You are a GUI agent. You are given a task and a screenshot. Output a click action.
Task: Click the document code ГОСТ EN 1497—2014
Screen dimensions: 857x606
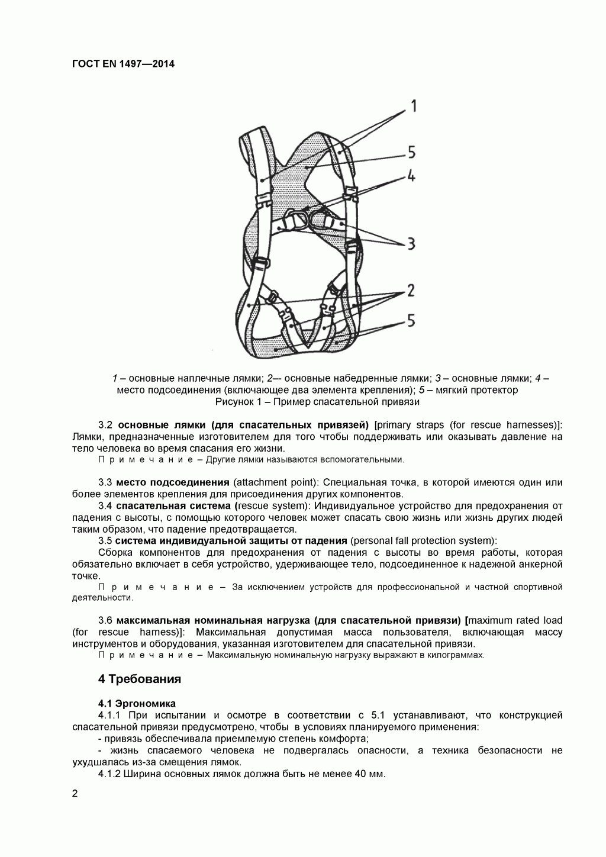123,64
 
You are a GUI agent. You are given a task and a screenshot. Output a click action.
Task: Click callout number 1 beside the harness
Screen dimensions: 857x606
413,106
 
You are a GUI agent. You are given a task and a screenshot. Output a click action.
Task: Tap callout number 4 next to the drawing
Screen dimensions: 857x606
410,176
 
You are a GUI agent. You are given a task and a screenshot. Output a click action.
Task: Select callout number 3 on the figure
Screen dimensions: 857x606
410,243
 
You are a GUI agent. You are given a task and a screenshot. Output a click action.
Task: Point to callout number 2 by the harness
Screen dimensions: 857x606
410,291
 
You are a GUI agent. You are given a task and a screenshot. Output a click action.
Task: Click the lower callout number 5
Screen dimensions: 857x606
410,321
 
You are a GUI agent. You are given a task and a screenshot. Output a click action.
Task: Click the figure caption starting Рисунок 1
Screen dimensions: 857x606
317,402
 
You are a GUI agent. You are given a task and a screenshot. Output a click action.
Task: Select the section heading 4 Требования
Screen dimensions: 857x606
139,679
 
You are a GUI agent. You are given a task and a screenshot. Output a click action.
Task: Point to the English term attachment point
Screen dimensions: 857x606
272,482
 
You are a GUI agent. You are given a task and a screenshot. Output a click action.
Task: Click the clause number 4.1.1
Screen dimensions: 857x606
109,716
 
